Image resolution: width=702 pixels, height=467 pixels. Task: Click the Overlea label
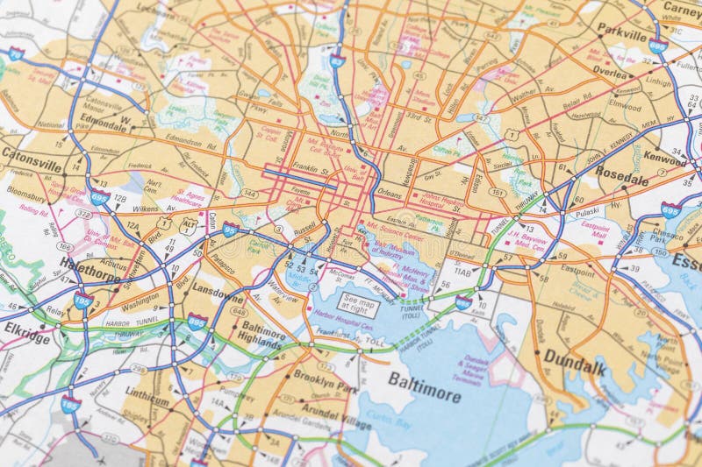click(609, 72)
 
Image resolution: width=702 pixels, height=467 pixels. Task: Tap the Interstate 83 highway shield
click(337, 60)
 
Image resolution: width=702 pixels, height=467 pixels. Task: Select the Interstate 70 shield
click(15, 53)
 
